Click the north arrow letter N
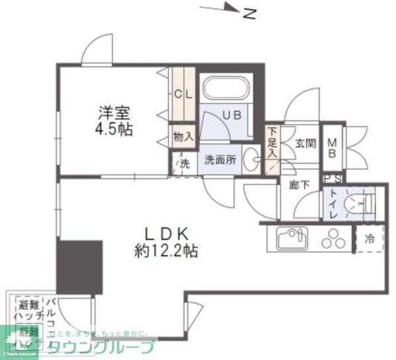[249, 13]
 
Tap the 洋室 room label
[112, 112]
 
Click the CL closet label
[183, 93]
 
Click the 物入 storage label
[183, 138]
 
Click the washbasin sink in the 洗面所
[251, 159]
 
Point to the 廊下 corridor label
[299, 186]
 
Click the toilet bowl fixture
[360, 202]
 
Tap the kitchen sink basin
[290, 238]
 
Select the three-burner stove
[333, 239]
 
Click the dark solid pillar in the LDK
[80, 267]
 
